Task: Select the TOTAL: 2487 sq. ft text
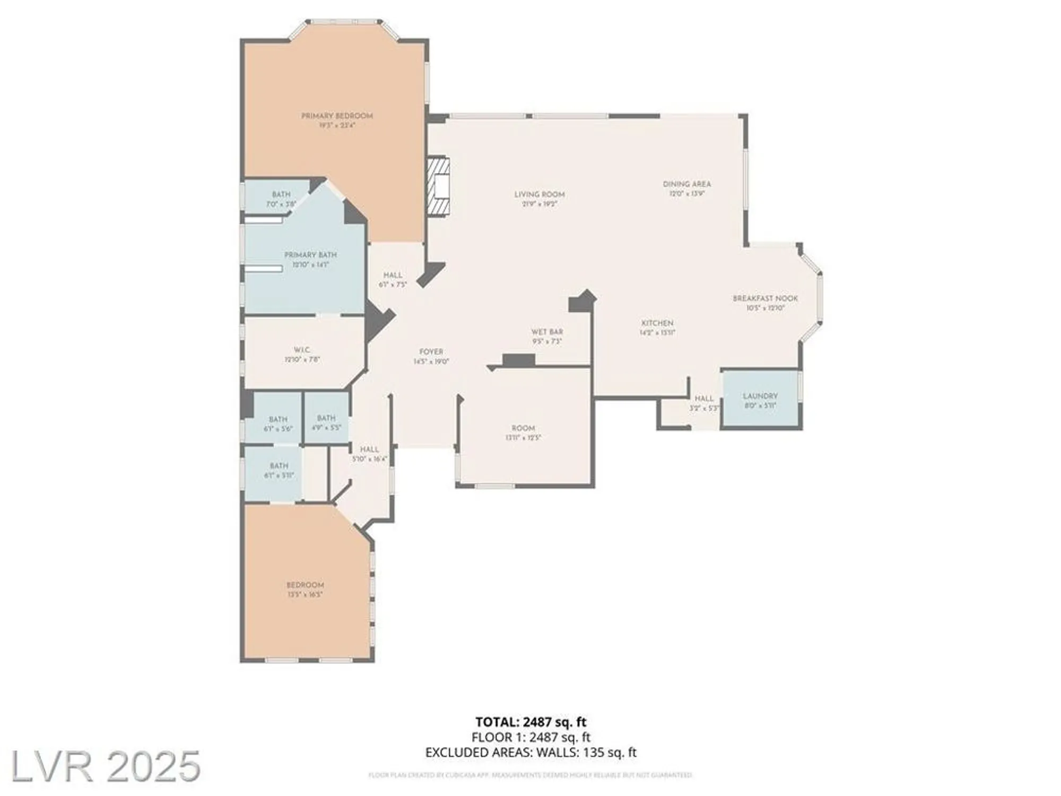coord(530,722)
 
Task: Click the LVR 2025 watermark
coord(105,766)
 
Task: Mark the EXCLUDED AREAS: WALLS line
coord(530,752)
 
